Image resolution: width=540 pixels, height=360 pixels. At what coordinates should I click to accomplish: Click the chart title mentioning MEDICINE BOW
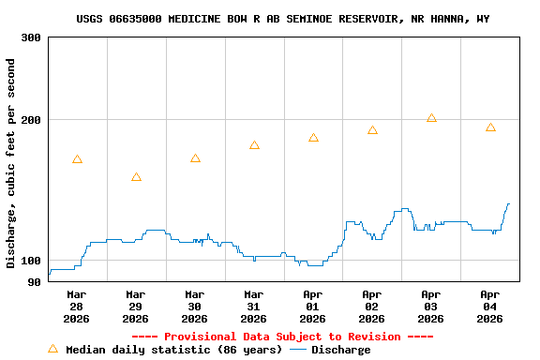point(282,19)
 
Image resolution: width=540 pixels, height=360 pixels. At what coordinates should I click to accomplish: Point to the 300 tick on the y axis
point(30,37)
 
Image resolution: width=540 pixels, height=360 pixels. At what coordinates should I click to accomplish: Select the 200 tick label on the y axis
point(30,120)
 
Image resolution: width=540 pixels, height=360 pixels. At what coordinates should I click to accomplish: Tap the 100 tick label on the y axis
point(30,261)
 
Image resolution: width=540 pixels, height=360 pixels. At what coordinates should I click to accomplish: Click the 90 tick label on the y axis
point(34,282)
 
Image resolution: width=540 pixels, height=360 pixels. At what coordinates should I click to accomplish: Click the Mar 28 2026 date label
point(77,307)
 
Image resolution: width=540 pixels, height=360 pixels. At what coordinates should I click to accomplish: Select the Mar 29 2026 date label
point(136,307)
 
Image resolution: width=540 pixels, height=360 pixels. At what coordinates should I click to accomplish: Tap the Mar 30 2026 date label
point(195,307)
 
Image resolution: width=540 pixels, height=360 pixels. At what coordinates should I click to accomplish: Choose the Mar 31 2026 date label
point(254,307)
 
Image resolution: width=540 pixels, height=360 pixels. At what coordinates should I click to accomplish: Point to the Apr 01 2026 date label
point(313,307)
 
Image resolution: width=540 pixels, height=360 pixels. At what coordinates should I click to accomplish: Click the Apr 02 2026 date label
point(372,307)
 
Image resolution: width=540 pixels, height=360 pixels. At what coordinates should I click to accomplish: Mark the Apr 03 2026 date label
point(431,307)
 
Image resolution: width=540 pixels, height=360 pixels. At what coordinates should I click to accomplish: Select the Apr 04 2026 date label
point(490,307)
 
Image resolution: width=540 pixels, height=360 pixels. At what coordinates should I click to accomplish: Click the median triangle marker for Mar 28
point(77,159)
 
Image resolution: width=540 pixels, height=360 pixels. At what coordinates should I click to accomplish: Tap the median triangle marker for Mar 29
point(136,177)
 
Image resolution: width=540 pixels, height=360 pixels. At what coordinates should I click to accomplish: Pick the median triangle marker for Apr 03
point(431,118)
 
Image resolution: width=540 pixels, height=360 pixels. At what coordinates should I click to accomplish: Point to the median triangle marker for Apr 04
point(490,127)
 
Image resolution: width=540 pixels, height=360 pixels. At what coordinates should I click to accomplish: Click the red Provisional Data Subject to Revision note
point(282,337)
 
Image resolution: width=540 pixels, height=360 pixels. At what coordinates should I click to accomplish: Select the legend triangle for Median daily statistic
point(52,349)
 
